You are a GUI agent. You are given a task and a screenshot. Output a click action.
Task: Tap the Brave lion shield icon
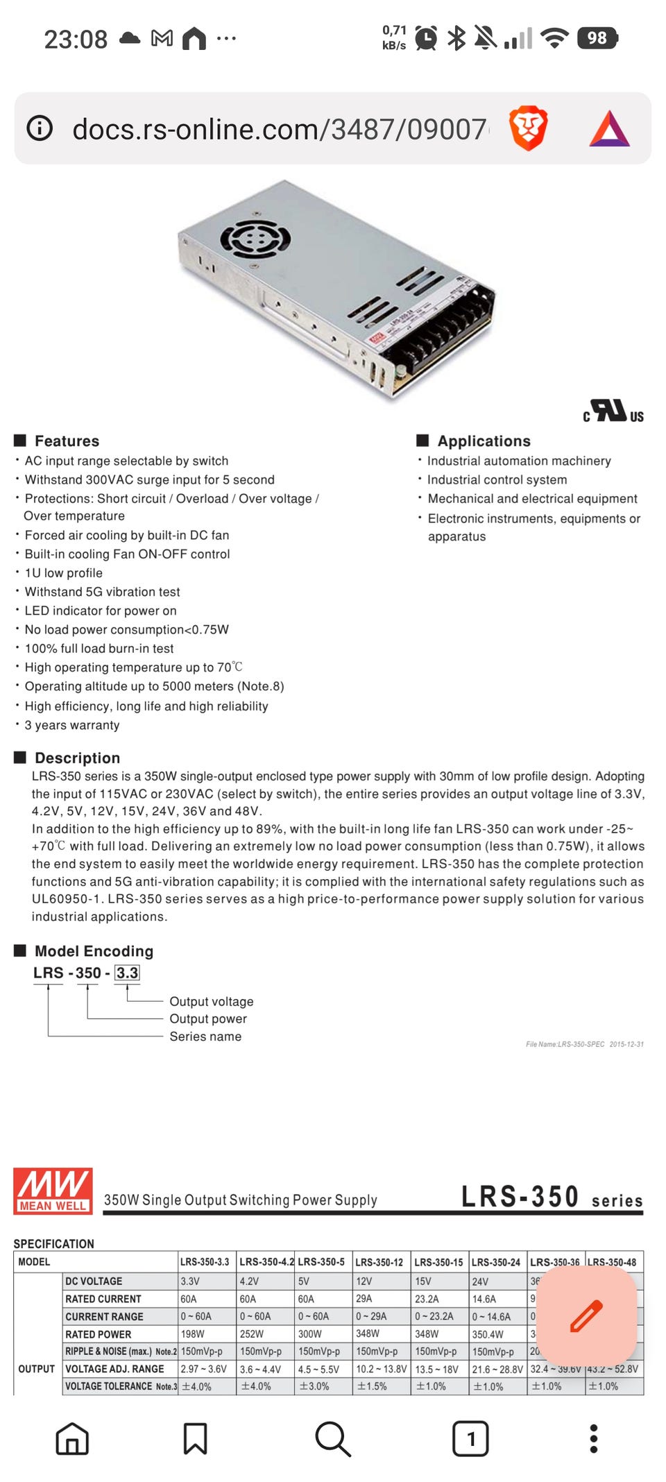pos(528,128)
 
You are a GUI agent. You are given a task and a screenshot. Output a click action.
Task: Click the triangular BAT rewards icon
pos(609,129)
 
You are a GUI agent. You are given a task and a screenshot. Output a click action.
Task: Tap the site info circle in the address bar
pos(40,128)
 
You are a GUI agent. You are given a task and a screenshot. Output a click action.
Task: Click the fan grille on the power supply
pos(255,239)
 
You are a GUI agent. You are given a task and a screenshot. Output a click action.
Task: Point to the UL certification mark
pos(613,411)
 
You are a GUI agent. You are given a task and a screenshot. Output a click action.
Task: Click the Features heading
pos(67,441)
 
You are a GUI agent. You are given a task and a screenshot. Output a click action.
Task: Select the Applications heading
pos(484,441)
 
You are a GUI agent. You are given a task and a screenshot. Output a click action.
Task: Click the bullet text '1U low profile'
pos(64,573)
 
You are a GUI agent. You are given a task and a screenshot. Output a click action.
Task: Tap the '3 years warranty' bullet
pos(72,725)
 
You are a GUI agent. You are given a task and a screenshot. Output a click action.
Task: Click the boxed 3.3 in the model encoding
pos(127,973)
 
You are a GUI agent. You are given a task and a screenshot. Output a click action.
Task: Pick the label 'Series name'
pos(205,1037)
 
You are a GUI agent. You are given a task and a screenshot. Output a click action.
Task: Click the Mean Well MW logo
pos(53,1191)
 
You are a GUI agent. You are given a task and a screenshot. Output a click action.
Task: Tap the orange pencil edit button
pos(586,1317)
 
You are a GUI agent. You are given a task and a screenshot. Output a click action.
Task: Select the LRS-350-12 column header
pos(379,1262)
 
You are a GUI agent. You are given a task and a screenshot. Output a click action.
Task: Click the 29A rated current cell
pos(364,1298)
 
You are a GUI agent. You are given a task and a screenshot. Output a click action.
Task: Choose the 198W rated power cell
pos(193,1334)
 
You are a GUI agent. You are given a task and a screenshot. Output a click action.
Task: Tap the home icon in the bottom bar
pos(72,1438)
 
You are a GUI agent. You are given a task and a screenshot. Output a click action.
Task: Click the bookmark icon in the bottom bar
pos(195,1438)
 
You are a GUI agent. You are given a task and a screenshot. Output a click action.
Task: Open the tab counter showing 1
pos(470,1438)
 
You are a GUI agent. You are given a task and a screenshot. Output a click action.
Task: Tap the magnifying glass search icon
pos(333,1438)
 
